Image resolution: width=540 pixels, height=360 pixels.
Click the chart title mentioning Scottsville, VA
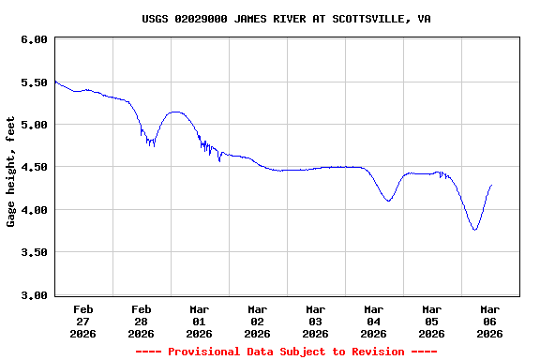coord(287,19)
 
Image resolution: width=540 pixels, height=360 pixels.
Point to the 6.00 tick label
coord(34,39)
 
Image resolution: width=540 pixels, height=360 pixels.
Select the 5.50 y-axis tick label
coord(34,82)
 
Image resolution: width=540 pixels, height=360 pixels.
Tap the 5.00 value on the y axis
coord(34,125)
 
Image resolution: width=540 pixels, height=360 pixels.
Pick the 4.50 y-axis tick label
coord(34,168)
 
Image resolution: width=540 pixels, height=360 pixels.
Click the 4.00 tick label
coord(34,210)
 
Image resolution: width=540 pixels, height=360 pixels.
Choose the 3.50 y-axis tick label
coord(34,253)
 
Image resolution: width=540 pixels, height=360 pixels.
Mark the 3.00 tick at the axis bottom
coord(34,295)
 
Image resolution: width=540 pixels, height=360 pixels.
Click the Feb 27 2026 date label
coord(82,321)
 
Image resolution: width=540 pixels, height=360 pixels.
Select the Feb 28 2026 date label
coord(141,321)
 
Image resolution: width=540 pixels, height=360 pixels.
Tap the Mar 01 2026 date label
coord(199,321)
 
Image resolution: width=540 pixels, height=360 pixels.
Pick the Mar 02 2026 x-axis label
coord(257,321)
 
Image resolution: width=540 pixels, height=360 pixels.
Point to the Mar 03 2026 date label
coord(315,321)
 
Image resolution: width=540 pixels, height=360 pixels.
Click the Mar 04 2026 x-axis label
coord(373,321)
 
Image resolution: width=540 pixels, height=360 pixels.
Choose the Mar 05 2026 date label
coord(431,321)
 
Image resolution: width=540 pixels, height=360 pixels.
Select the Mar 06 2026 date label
coord(489,321)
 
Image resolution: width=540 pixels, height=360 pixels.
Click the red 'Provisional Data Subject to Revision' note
coord(286,352)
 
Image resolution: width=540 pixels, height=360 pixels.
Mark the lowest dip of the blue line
coord(475,230)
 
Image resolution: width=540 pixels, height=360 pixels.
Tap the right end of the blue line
coord(490,186)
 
